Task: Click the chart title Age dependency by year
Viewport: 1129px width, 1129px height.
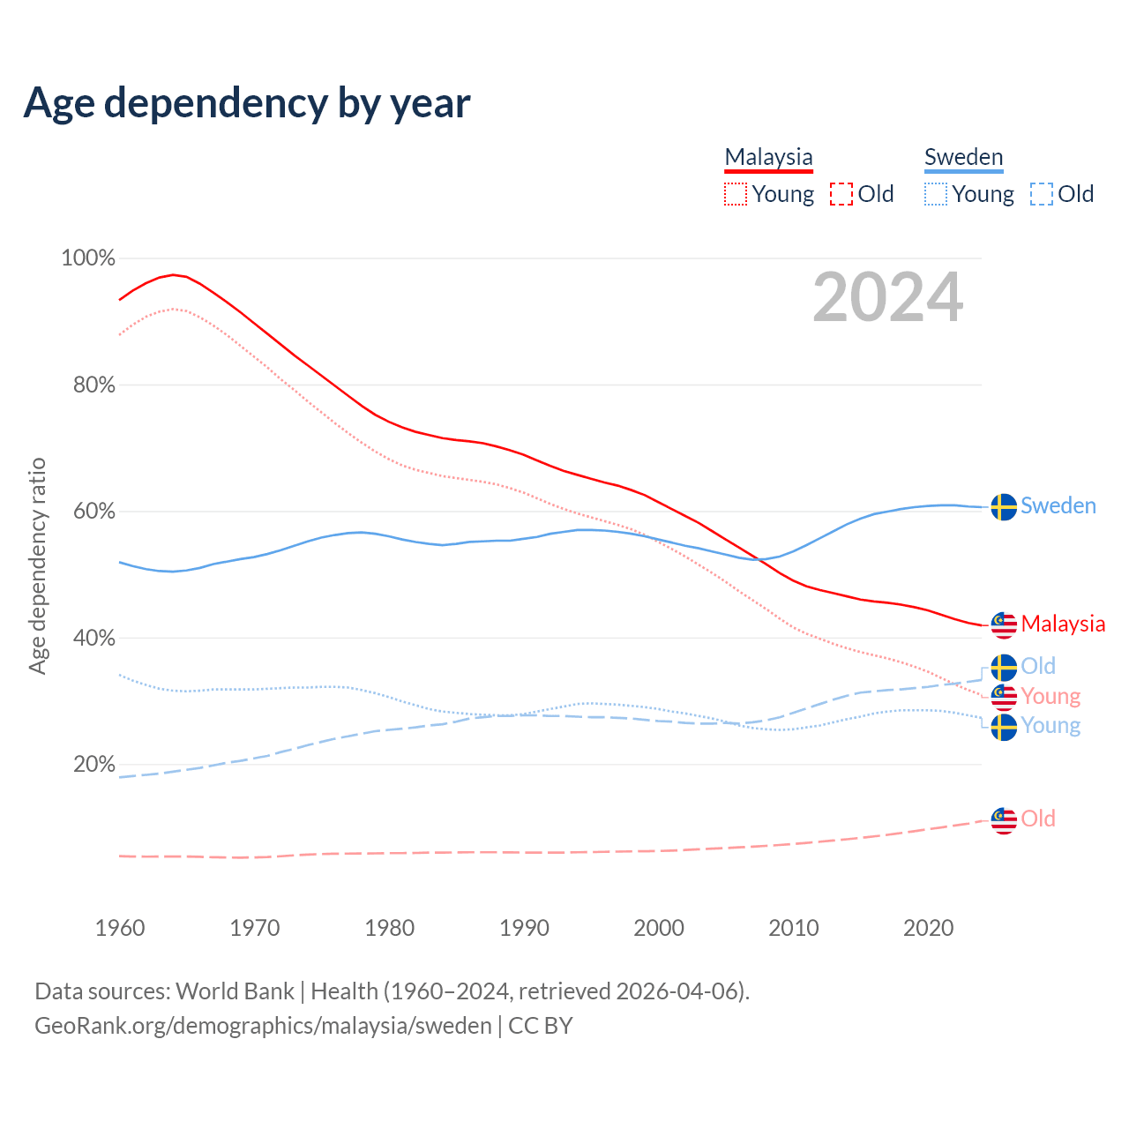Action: tap(247, 103)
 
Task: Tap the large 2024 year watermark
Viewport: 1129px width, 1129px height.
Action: tap(887, 297)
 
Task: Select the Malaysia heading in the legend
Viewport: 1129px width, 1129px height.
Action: tap(768, 157)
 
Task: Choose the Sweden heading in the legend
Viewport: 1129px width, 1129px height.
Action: tap(963, 157)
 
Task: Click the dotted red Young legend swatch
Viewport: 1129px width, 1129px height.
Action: tap(736, 194)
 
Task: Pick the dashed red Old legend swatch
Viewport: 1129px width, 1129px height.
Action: tap(841, 194)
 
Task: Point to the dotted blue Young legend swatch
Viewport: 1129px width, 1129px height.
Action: tap(936, 194)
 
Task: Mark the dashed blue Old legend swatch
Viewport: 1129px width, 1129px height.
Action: tap(1042, 194)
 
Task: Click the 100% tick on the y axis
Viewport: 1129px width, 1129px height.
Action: tap(88, 258)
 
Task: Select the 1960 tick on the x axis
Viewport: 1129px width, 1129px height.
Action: tap(120, 928)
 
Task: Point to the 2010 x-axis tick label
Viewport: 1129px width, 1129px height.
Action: tap(794, 928)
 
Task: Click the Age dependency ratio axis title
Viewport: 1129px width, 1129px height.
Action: tap(37, 565)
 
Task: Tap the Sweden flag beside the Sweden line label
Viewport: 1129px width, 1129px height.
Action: tap(1004, 507)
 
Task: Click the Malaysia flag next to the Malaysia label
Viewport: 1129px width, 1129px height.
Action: tap(1004, 624)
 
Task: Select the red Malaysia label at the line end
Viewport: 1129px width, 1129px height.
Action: tap(1063, 624)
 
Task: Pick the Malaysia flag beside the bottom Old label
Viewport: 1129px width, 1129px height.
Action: tap(1004, 820)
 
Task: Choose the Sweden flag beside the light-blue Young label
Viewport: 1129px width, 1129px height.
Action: tap(1004, 728)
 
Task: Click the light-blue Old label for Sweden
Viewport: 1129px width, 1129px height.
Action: tap(1038, 666)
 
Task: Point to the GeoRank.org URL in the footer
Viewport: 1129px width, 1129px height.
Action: tap(263, 1026)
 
